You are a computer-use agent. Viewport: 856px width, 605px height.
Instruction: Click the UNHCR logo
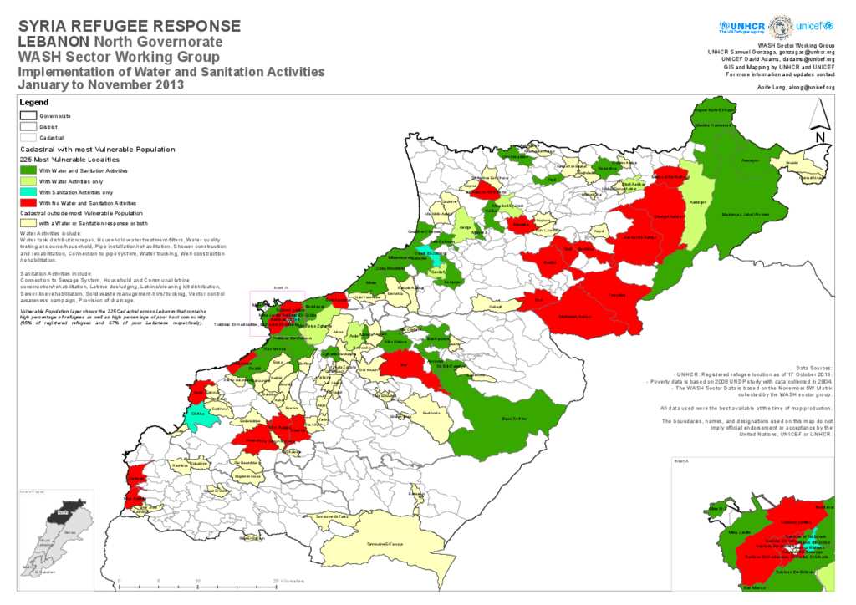click(x=741, y=26)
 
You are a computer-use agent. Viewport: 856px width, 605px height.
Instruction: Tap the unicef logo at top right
click(x=815, y=26)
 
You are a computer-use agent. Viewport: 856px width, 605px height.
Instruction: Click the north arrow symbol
click(x=821, y=121)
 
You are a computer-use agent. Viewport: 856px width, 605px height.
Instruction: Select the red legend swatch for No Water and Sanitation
click(x=28, y=202)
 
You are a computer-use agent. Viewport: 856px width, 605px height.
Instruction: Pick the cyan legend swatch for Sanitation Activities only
click(x=28, y=191)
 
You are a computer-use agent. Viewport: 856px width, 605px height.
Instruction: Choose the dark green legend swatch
click(x=28, y=170)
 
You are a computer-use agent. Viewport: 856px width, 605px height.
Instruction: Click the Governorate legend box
click(x=28, y=115)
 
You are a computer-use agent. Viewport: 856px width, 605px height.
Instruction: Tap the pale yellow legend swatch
click(x=28, y=223)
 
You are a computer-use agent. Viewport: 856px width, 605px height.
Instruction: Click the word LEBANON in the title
click(x=53, y=42)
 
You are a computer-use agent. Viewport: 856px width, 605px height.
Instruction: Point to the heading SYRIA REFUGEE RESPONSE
click(x=130, y=27)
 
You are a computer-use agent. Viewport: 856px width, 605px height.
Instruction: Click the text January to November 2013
click(x=100, y=85)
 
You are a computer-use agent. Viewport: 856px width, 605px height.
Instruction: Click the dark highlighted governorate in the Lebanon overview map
click(x=60, y=511)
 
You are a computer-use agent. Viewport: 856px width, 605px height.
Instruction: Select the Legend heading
click(x=33, y=102)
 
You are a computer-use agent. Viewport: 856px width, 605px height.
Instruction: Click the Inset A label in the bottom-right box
click(x=681, y=461)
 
